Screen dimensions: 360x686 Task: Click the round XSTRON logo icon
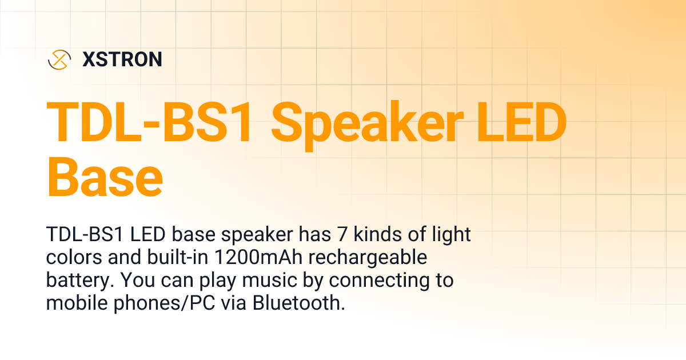[x=59, y=59]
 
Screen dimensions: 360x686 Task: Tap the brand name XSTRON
[x=122, y=59]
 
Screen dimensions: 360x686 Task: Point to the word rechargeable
[x=369, y=258]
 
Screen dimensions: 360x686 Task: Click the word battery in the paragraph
[x=75, y=281]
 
